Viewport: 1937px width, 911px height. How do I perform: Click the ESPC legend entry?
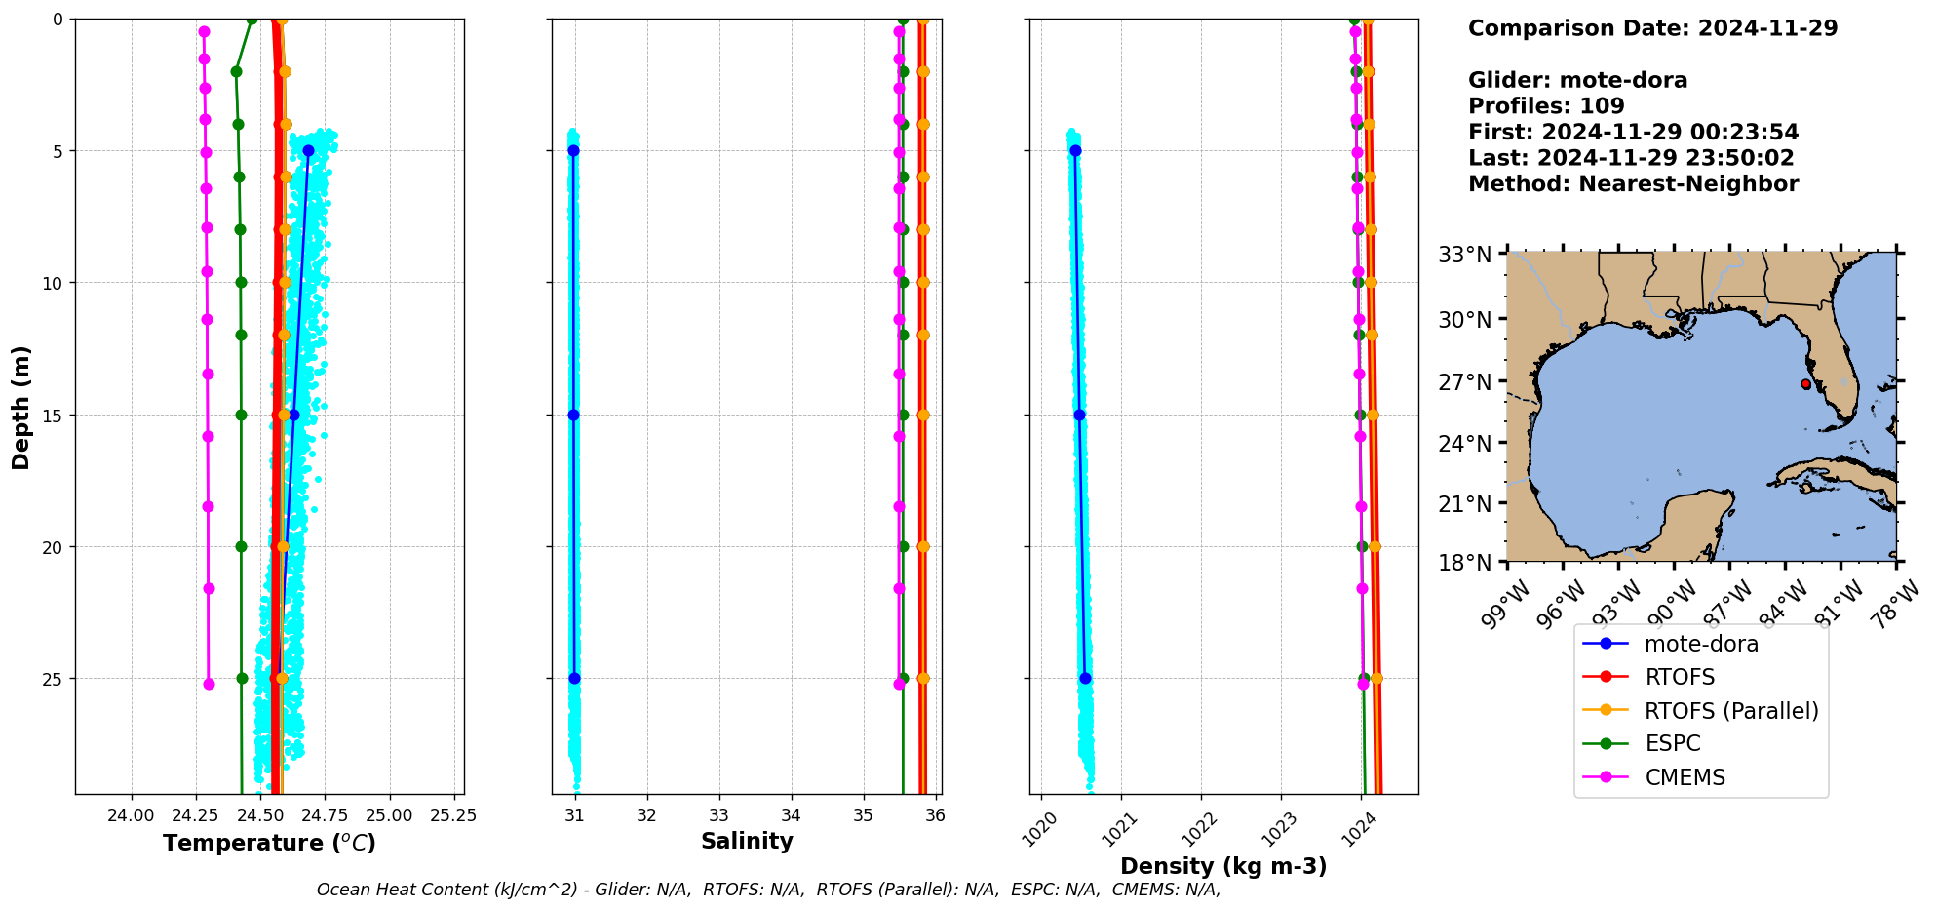1672,743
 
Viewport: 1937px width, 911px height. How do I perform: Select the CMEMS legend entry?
1685,777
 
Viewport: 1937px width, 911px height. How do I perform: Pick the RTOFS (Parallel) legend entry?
1730,711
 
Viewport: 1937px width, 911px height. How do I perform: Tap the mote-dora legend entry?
1701,644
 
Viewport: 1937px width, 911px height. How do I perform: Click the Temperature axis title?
269,843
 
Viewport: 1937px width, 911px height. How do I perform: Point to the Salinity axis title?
747,841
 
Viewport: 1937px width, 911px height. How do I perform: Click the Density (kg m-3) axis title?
1223,866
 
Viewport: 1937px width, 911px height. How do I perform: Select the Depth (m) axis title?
21,407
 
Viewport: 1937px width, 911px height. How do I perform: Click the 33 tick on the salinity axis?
719,815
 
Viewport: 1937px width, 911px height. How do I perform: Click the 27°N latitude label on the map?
1465,381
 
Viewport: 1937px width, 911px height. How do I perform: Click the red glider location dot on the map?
1805,384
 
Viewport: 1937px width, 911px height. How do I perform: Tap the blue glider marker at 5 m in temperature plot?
308,150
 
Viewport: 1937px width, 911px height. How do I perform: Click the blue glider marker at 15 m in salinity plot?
573,415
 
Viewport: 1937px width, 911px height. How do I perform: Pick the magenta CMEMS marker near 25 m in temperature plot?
209,684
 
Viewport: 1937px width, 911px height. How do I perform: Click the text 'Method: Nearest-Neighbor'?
1633,183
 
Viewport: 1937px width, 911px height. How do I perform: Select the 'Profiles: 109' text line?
1546,105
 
